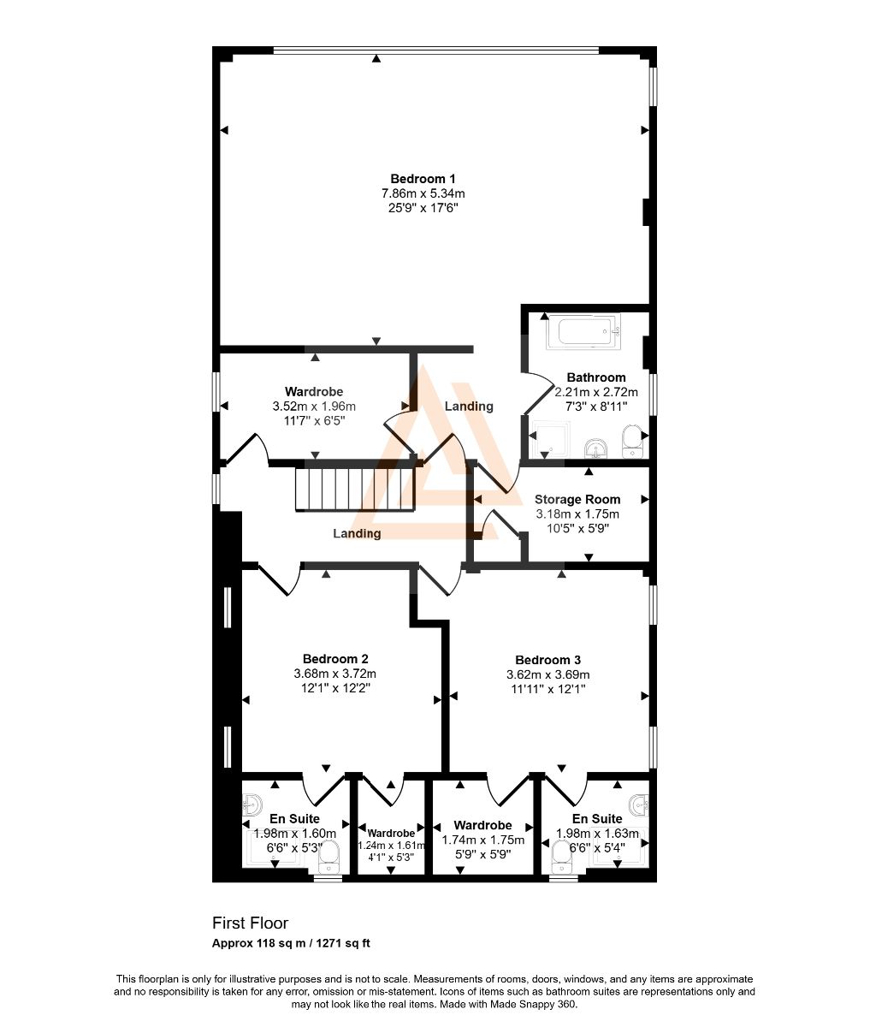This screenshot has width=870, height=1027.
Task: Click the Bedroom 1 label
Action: click(423, 179)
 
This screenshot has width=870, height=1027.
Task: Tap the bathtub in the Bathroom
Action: click(583, 331)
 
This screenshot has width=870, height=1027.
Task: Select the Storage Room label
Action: click(577, 499)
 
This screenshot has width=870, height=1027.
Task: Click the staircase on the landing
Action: click(354, 490)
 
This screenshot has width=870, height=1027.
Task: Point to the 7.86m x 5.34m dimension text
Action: click(423, 193)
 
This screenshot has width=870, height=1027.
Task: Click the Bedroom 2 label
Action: click(335, 659)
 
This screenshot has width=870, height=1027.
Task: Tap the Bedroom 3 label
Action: click(547, 660)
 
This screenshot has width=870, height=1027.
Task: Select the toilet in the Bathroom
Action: click(631, 442)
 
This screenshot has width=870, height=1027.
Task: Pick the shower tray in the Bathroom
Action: click(551, 440)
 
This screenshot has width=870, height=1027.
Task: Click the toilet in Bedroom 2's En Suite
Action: click(328, 858)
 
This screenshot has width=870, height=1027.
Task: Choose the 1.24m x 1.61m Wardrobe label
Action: click(391, 834)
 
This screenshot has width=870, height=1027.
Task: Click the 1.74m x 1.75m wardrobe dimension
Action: click(483, 840)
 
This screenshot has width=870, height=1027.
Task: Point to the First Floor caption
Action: click(251, 923)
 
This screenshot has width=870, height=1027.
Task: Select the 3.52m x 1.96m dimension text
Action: click(314, 406)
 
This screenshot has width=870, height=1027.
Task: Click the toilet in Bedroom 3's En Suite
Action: click(562, 858)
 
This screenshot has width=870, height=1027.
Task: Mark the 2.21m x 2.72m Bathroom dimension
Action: click(596, 392)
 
